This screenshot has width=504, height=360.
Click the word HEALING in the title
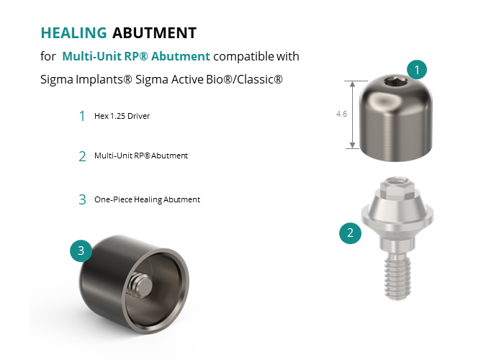point(73,33)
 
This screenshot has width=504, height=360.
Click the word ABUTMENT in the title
point(154,33)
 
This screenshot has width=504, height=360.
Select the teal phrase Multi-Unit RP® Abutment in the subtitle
point(136,56)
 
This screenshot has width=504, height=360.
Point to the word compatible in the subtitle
point(243,57)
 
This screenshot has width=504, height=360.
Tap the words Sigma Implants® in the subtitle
point(86,79)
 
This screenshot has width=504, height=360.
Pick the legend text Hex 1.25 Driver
point(122,116)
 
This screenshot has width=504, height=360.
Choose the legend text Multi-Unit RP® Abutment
point(141,156)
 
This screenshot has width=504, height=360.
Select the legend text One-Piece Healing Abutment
point(147,199)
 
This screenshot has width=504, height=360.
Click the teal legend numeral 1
point(82,116)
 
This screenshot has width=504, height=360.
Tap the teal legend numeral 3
point(82,199)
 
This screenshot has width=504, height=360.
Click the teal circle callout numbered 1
point(417,69)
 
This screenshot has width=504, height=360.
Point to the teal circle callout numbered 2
point(351,233)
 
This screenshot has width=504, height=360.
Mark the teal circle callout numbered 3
point(81,251)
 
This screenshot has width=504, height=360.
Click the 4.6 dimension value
point(341,114)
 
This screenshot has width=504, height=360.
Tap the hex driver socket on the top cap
point(396,82)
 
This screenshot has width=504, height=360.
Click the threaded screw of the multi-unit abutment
point(397,276)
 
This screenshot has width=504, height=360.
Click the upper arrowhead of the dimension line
point(353,84)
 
